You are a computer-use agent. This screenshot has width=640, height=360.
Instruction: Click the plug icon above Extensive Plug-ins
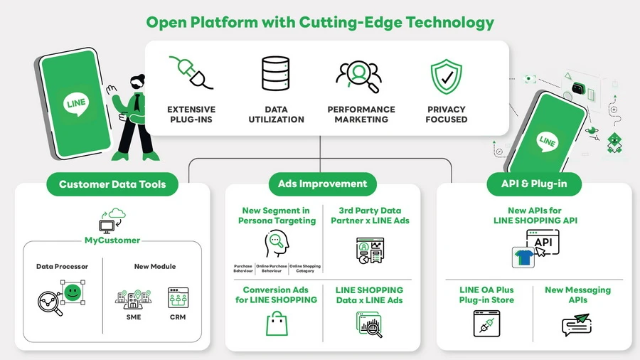coord(191,73)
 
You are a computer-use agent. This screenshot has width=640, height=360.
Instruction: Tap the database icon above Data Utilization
coord(276,74)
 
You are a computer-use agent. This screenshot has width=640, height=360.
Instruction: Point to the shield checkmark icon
coord(447,78)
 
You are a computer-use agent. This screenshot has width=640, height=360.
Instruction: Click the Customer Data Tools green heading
coord(112,184)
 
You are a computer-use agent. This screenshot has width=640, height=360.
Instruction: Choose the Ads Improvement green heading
coord(322,184)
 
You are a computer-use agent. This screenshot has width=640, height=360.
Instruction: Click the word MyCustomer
coord(112,240)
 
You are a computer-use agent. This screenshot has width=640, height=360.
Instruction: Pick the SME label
coord(134,317)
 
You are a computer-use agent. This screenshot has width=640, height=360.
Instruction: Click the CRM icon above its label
coord(177,297)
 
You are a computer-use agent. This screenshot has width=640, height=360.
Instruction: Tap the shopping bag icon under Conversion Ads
coord(276,323)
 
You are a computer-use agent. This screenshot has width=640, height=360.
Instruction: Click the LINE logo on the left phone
coord(75,103)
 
